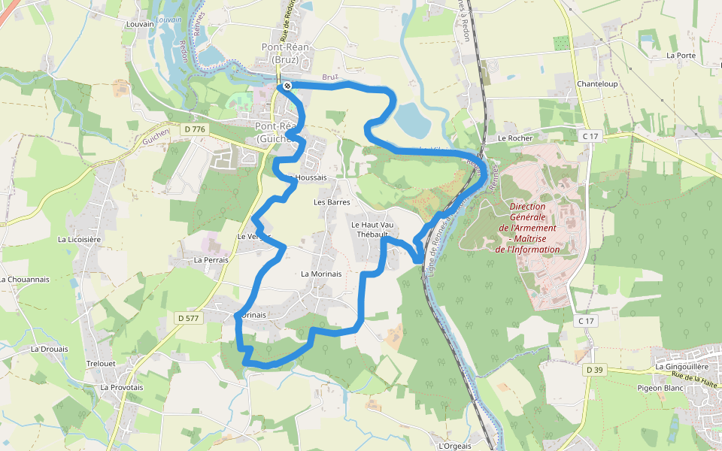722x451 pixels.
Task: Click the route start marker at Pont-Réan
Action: coord(287,86)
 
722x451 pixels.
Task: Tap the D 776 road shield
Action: coord(194,129)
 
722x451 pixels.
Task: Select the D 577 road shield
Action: coord(191,318)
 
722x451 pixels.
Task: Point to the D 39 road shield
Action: coord(594,369)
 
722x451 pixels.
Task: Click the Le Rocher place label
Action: coord(514,138)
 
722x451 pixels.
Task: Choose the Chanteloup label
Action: coord(597,83)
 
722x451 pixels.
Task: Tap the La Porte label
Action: coord(681,56)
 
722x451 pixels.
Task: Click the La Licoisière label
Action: coord(79,239)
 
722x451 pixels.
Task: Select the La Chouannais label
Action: coord(25,279)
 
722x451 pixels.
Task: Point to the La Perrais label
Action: coord(211,260)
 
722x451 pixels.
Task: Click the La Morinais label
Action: coord(321,274)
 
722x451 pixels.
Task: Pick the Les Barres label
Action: coord(332,202)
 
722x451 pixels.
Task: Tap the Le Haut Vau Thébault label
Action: coord(372,229)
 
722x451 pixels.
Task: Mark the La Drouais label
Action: coord(50,349)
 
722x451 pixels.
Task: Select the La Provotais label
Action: coord(122,387)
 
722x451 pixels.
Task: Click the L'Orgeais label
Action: coord(454,446)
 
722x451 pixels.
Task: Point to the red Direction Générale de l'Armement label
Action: coord(532,228)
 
